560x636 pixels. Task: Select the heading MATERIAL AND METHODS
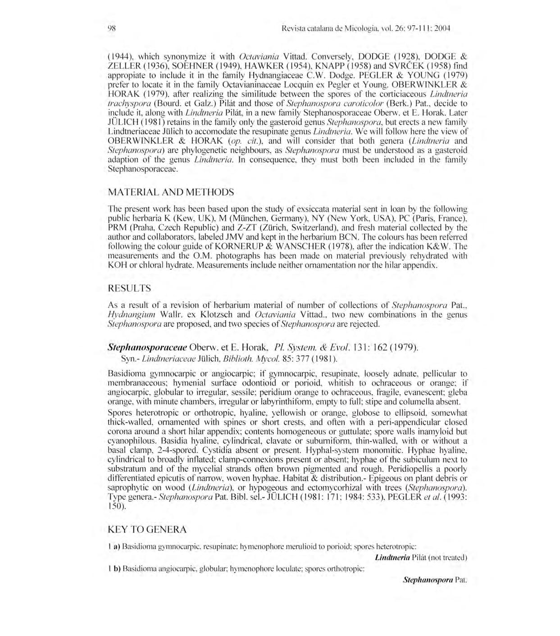171,192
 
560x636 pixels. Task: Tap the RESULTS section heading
129,288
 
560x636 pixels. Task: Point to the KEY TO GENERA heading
147,529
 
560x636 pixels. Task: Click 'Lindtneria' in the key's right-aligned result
392,558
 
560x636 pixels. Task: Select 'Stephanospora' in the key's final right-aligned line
428,580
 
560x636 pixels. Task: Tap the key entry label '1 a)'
114,546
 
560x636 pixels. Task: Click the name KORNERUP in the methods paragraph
232,246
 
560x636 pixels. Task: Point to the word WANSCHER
297,246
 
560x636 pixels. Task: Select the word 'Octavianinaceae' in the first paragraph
247,85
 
